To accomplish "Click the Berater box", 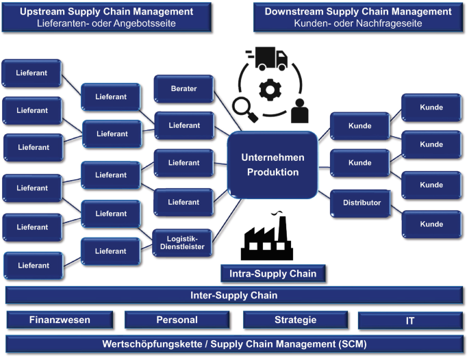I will [183, 89].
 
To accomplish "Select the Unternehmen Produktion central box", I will [272, 165].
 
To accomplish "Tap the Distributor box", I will [361, 203].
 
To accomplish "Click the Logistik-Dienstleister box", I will [182, 242].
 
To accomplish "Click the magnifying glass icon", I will [244, 108].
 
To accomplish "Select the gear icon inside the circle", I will [272, 89].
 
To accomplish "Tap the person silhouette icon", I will [299, 110].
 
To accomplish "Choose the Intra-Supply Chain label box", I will [272, 274].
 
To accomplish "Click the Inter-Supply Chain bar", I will [234, 296].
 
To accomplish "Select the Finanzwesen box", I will [60, 320].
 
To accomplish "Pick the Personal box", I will [177, 320].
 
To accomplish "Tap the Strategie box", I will [295, 320].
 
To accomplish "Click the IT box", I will [410, 320].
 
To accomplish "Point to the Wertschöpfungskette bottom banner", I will [234, 343].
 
